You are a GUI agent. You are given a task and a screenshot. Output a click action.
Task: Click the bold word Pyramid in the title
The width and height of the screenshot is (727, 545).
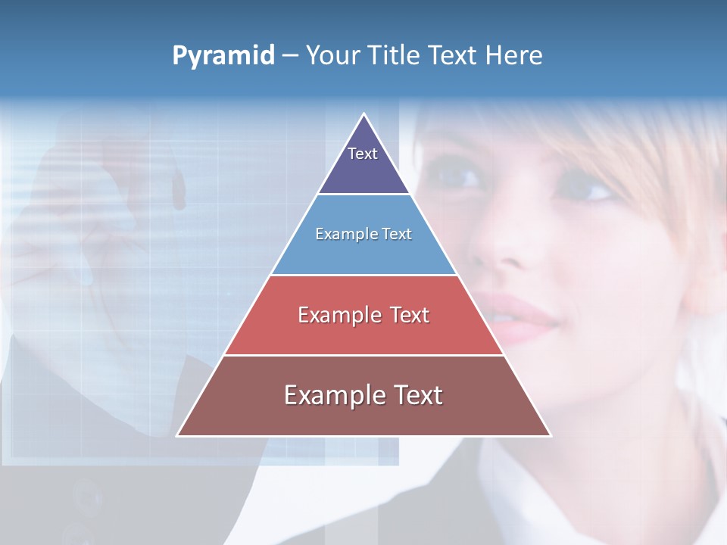[223, 56]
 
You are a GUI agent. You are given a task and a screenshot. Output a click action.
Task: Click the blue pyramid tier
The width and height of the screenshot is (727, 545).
[363, 235]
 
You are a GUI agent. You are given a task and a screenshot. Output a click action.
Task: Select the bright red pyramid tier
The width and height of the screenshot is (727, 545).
[363, 315]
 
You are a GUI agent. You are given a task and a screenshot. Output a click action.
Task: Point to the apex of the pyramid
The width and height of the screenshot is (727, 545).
[363, 115]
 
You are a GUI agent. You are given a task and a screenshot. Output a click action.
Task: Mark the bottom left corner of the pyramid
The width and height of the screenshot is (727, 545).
[177, 435]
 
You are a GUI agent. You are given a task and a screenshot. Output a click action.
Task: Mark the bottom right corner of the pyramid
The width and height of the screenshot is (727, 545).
[550, 435]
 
